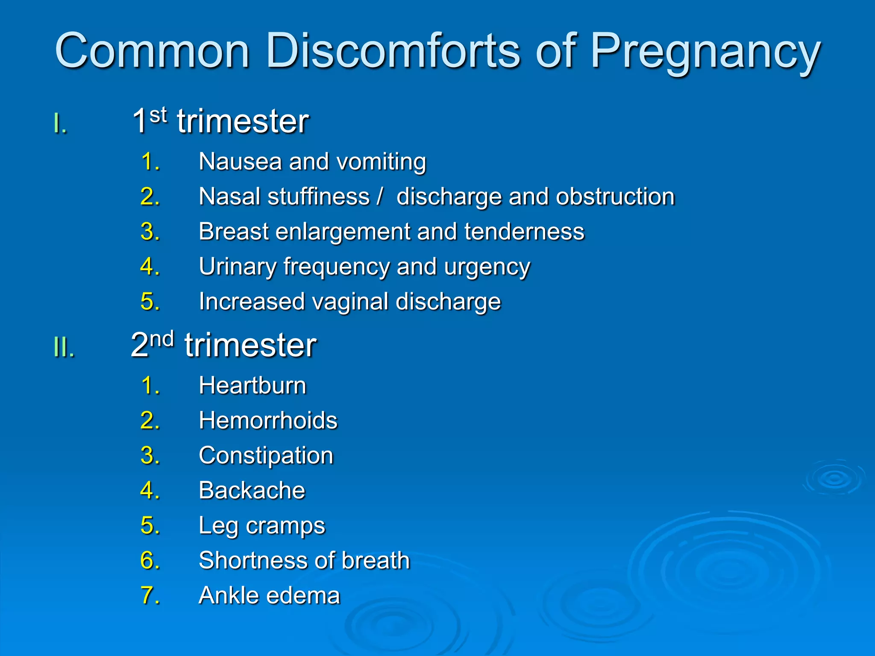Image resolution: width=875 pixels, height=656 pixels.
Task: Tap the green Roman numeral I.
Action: click(x=60, y=124)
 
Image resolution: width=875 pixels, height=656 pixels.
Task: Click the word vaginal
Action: click(x=350, y=302)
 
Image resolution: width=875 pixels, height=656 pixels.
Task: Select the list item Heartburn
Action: click(x=253, y=386)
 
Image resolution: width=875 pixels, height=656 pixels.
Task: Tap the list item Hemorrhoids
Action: click(x=268, y=420)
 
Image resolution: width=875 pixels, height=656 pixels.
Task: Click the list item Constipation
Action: click(x=266, y=456)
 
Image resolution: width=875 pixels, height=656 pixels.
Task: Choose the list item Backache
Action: click(x=252, y=490)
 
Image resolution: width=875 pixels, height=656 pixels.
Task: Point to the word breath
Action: click(x=376, y=560)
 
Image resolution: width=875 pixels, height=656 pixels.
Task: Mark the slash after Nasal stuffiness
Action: click(x=379, y=196)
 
